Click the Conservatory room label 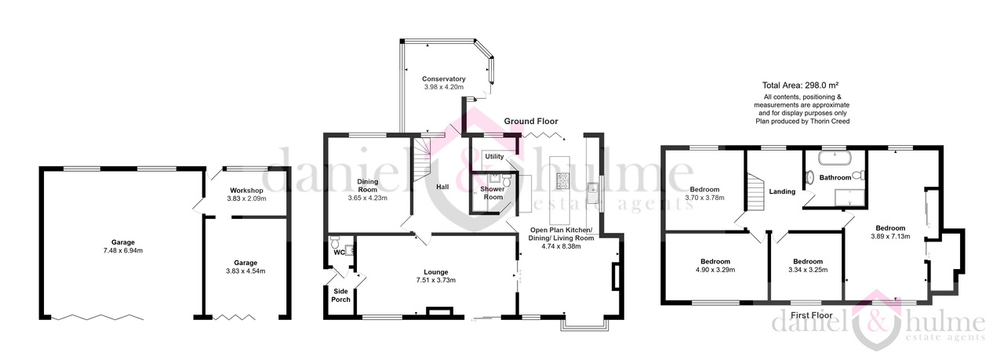[x=443, y=79]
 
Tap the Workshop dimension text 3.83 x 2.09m [x=246, y=198]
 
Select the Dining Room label [x=368, y=186]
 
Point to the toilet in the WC [x=334, y=242]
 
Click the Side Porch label [x=340, y=296]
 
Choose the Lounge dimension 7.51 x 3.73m [x=435, y=280]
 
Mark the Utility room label [x=494, y=156]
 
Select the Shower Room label [x=493, y=193]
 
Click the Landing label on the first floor [x=782, y=191]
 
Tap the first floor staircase [x=755, y=192]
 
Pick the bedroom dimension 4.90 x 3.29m [x=715, y=270]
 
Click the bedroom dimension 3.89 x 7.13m [x=890, y=236]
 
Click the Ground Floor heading [x=531, y=121]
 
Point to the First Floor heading [x=812, y=315]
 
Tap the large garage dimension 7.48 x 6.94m [x=123, y=251]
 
